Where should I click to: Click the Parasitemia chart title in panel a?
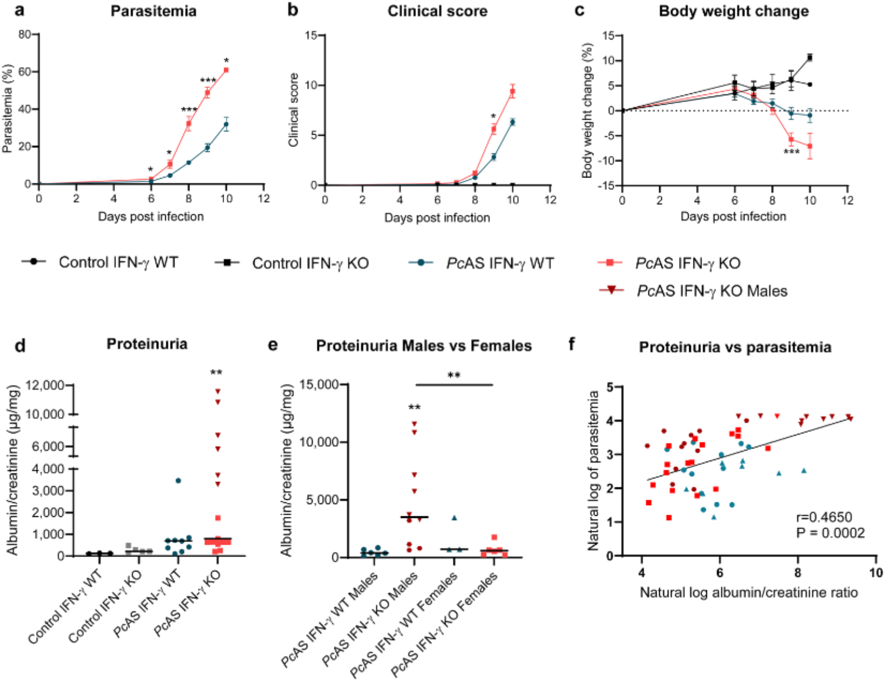point(153,11)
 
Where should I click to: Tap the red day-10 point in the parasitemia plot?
point(226,70)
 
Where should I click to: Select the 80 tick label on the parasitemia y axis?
point(25,35)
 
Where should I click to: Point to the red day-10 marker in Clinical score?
point(513,92)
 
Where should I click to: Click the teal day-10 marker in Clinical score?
point(513,122)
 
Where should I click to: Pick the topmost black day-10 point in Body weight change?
point(810,57)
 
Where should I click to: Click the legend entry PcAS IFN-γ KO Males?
point(712,291)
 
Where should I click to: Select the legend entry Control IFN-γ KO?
point(310,263)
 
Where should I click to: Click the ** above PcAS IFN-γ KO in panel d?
point(216,373)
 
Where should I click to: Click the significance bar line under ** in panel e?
point(454,385)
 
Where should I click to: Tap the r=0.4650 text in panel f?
point(824,517)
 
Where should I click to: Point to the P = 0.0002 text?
point(830,532)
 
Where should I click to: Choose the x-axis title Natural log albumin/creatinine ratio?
point(749,593)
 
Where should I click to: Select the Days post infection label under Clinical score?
point(437,218)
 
